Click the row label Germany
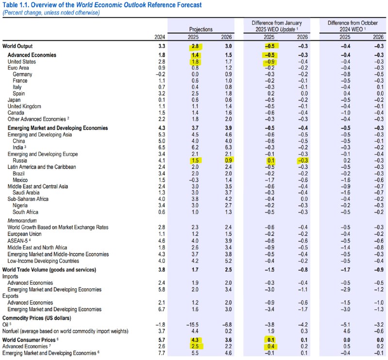click(x=22, y=74)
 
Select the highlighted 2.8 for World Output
click(x=195, y=46)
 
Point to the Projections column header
click(x=201, y=29)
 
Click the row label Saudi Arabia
click(x=26, y=193)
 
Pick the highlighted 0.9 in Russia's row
click(x=228, y=161)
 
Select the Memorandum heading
click(x=22, y=221)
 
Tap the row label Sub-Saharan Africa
click(x=28, y=199)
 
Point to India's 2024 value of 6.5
click(x=162, y=147)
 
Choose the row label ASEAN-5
click(x=17, y=241)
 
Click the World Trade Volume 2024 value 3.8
click(x=162, y=270)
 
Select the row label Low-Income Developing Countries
click(x=43, y=261)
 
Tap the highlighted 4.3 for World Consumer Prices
click(x=195, y=340)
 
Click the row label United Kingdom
click(x=24, y=106)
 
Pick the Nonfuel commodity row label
click(x=65, y=331)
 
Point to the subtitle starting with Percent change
click(x=51, y=13)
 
